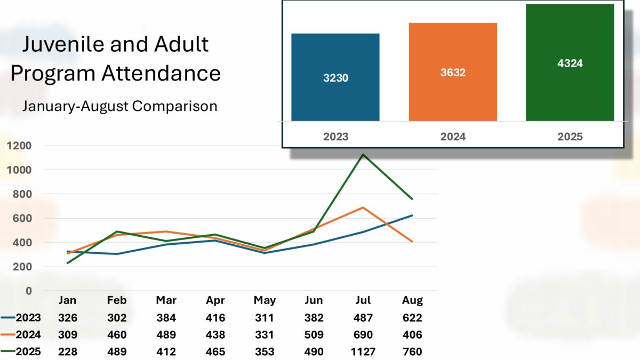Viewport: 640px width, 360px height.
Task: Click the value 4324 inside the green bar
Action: [x=570, y=63]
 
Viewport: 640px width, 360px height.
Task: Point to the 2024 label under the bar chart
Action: [x=453, y=137]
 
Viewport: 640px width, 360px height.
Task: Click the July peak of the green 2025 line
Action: [x=363, y=155]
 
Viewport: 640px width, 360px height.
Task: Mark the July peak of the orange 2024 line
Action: [x=363, y=207]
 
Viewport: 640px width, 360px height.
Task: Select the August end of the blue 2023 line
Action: [x=412, y=215]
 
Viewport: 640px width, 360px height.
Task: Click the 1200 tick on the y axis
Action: [x=20, y=146]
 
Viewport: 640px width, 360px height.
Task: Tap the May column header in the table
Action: [x=265, y=300]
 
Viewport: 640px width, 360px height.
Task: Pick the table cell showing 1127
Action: [x=363, y=351]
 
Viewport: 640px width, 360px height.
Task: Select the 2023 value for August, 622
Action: [x=412, y=318]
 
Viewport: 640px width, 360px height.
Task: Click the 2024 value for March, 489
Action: [x=166, y=335]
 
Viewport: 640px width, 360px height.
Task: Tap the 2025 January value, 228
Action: [x=68, y=351]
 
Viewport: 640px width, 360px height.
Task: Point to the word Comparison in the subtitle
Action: [x=174, y=106]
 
